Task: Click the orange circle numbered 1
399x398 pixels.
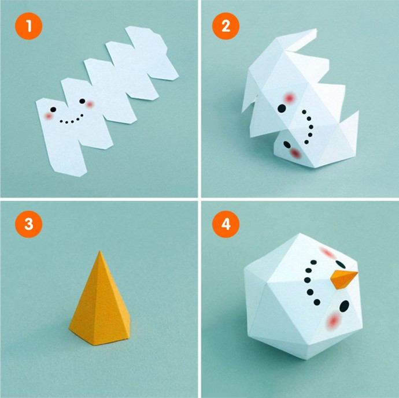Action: tap(29, 26)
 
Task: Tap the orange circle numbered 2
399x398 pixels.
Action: tap(226, 26)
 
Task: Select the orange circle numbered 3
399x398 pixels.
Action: tap(29, 224)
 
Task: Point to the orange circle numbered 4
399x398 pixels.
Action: tap(226, 224)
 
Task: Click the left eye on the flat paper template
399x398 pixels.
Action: tap(53, 110)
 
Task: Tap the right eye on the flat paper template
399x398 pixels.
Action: tap(82, 101)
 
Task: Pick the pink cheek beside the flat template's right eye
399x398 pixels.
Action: tap(90, 104)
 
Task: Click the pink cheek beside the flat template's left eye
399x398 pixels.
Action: tap(49, 117)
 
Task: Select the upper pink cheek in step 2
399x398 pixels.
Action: tap(289, 98)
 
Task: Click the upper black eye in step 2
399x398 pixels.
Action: tap(282, 108)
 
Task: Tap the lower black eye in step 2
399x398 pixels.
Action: tap(287, 144)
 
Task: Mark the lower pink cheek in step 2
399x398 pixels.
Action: tap(295, 153)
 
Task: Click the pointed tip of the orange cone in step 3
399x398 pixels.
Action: tap(100, 251)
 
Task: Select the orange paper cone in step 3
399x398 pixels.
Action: tap(99, 298)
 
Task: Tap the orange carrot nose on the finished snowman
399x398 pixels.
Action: tap(343, 279)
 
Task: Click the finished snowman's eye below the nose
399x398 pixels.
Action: tap(344, 306)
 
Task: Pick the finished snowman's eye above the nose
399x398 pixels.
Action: tap(341, 265)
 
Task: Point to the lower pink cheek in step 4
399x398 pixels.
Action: tap(333, 320)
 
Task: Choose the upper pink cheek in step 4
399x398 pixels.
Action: tap(327, 253)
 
